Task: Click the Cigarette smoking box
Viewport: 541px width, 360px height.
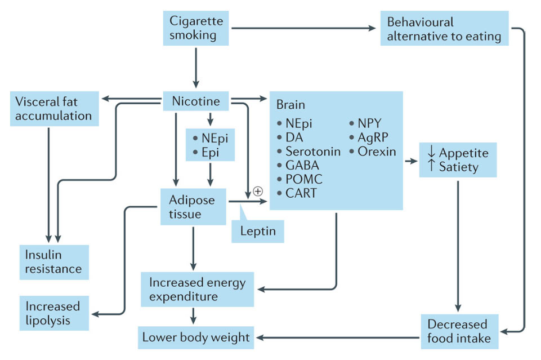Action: pyautogui.click(x=196, y=28)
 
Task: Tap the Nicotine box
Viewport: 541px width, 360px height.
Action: pyautogui.click(x=196, y=102)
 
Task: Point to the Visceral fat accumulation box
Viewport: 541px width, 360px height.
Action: pyautogui.click(x=54, y=109)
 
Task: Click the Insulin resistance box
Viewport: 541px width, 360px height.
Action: pyautogui.click(x=53, y=261)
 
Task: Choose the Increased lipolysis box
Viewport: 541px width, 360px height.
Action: pyautogui.click(x=53, y=313)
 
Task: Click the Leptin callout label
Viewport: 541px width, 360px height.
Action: pyautogui.click(x=257, y=230)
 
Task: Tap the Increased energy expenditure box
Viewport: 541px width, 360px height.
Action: pyautogui.click(x=198, y=290)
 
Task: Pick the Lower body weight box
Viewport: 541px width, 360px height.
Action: pyautogui.click(x=196, y=337)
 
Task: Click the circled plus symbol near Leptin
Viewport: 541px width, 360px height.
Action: pyautogui.click(x=258, y=191)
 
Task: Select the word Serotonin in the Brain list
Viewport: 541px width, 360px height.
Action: pyautogui.click(x=313, y=152)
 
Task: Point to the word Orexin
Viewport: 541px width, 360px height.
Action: pyautogui.click(x=377, y=152)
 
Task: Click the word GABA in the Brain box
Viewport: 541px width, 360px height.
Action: pyautogui.click(x=302, y=166)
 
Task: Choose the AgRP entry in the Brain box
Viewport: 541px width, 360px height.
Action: pyautogui.click(x=373, y=137)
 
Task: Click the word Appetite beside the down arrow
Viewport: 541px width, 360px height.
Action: pyautogui.click(x=464, y=153)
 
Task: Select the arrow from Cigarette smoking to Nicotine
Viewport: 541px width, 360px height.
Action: pyautogui.click(x=196, y=66)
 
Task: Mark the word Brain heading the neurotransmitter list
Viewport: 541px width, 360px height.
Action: pyautogui.click(x=290, y=105)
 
